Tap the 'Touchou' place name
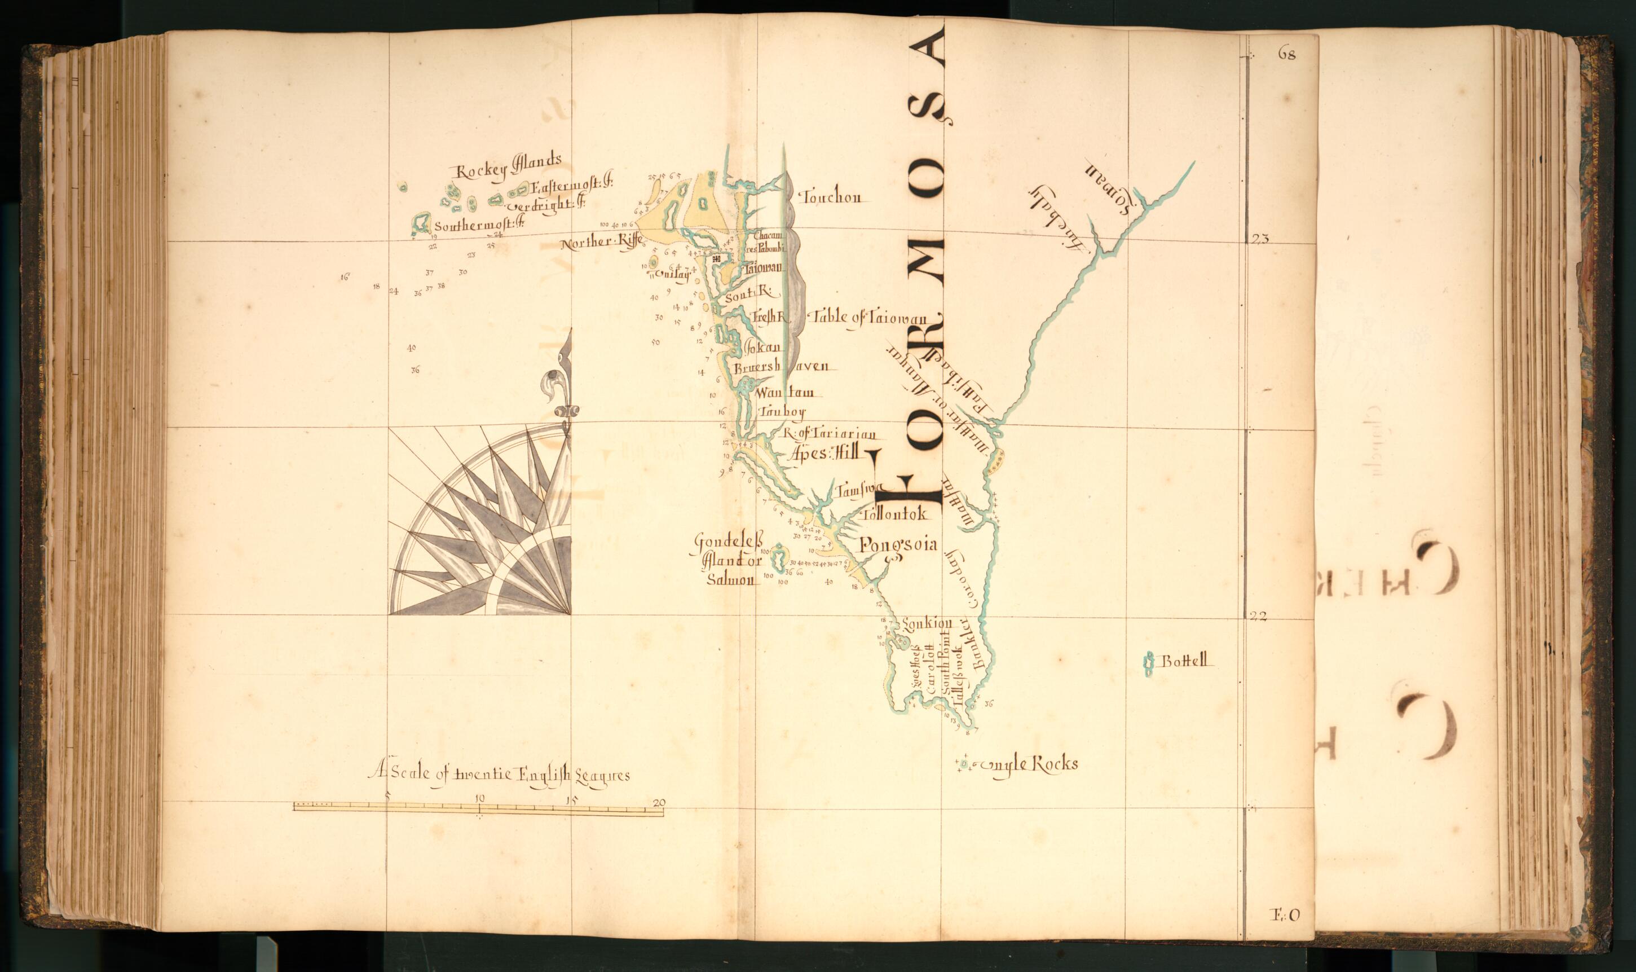pos(831,196)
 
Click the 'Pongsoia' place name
pos(898,544)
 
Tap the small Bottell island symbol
pos(1147,665)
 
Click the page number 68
pos(1286,54)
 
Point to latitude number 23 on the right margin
pos(1260,239)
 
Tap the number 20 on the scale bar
pos(659,802)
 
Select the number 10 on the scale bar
pos(480,798)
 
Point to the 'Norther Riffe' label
pos(601,243)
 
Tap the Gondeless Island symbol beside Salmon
pos(779,558)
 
